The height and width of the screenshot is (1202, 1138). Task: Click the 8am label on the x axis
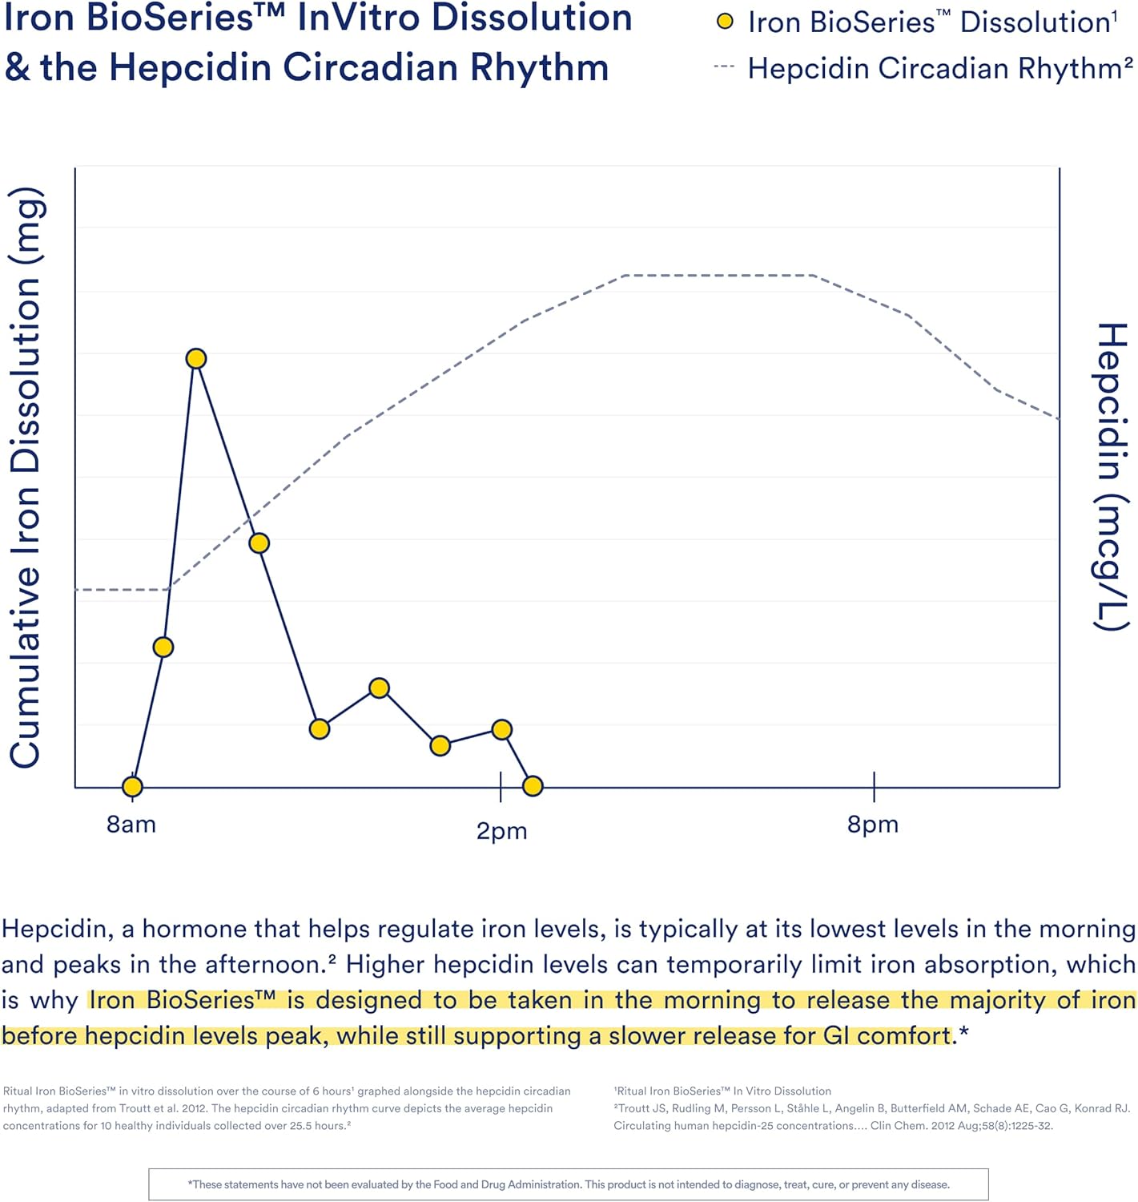131,824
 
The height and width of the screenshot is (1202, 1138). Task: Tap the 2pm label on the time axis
501,830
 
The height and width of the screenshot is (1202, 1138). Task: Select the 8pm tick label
872,824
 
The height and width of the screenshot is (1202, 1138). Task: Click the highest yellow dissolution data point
196,358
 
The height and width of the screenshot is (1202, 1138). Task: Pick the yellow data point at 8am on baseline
133,787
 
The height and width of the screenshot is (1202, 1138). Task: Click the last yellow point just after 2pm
533,786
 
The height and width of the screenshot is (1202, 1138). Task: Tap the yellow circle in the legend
725,22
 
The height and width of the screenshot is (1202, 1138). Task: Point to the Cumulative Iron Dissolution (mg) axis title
26,478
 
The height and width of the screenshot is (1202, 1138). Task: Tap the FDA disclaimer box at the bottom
568,1184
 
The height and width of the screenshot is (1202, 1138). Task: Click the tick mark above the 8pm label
874,786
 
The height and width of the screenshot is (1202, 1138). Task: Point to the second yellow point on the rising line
163,647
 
